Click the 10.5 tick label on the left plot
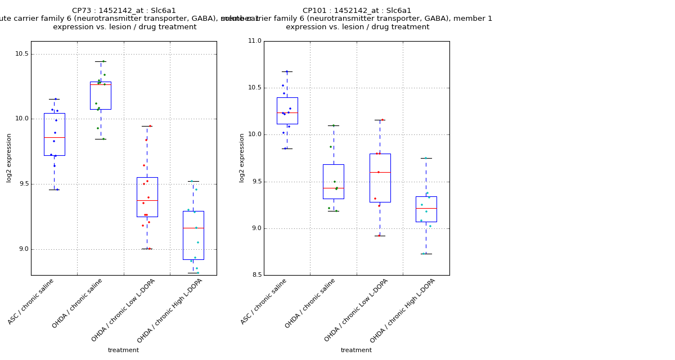pyautogui.click(x=21, y=54)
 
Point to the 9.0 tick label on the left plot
pyautogui.click(x=23, y=249)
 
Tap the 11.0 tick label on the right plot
pyautogui.click(x=254, y=41)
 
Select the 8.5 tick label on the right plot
pyautogui.click(x=256, y=275)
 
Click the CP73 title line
pyautogui.click(x=124, y=11)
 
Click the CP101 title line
pyautogui.click(x=357, y=11)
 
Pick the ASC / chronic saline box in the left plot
pyautogui.click(x=55, y=134)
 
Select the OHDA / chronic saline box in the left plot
pyautogui.click(x=101, y=95)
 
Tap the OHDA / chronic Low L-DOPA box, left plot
pyautogui.click(x=147, y=197)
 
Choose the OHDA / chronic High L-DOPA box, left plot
pyautogui.click(x=193, y=235)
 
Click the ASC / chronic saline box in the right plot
pyautogui.click(x=287, y=110)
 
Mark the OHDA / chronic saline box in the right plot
pyautogui.click(x=333, y=181)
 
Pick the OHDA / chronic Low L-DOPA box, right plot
pyautogui.click(x=380, y=178)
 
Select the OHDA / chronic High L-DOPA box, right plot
pyautogui.click(x=426, y=209)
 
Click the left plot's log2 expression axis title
pyautogui.click(x=9, y=157)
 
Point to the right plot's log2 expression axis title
pyautogui.click(x=242, y=157)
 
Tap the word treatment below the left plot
pyautogui.click(x=123, y=350)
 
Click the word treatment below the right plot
pyautogui.click(x=356, y=350)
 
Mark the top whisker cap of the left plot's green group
pyautogui.click(x=101, y=61)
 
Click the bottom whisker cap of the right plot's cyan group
pyautogui.click(x=426, y=254)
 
